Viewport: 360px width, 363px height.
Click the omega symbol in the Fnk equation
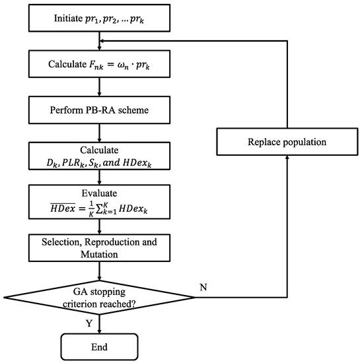pos(122,65)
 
